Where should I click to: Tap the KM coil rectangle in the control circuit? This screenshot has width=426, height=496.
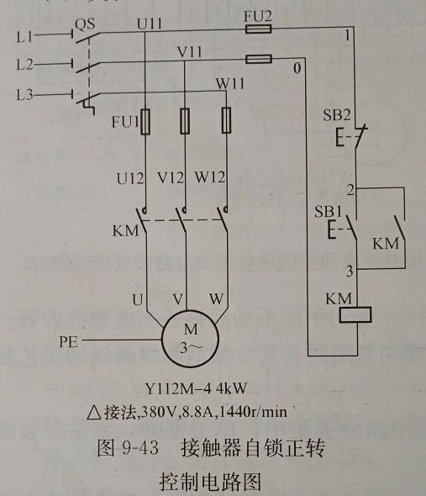[x=355, y=314]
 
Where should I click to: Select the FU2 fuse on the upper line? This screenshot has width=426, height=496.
[x=259, y=29]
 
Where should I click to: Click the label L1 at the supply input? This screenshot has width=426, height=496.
[x=24, y=37]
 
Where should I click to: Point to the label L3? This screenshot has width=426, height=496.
[x=24, y=95]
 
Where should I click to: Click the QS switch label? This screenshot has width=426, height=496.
[x=85, y=24]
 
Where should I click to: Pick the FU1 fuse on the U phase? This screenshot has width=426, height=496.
[x=145, y=122]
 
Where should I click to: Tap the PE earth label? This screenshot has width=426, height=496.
[x=68, y=342]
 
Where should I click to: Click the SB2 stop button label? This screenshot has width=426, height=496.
[x=336, y=115]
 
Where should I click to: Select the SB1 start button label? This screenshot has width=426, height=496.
[x=329, y=211]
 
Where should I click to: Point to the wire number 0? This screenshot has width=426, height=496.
[x=297, y=68]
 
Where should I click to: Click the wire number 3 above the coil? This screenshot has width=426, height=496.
[x=350, y=272]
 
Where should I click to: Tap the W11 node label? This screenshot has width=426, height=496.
[x=230, y=83]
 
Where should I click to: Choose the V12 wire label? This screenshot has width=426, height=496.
[x=171, y=177]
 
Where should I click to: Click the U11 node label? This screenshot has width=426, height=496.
[x=150, y=24]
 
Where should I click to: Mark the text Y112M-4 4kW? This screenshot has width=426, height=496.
[x=196, y=388]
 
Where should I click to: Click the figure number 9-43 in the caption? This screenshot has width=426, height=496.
[x=139, y=448]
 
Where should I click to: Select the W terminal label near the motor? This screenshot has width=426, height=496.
[x=216, y=298]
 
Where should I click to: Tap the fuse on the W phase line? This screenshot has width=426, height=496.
[x=226, y=120]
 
